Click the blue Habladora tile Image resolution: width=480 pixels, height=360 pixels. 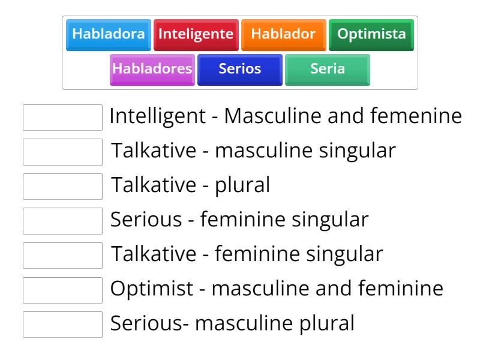pos(108,34)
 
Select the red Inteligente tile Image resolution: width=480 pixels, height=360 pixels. pos(196,34)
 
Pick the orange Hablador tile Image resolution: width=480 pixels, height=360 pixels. pos(283,34)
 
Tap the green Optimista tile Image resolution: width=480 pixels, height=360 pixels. pos(371,34)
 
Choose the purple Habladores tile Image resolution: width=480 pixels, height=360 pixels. pos(152,69)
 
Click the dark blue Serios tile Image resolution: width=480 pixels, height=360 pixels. pos(239,69)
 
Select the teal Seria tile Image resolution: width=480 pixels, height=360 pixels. pos(327,69)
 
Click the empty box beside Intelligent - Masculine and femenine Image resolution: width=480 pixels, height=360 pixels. pos(62,117)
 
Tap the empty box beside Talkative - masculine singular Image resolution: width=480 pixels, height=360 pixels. pos(62,152)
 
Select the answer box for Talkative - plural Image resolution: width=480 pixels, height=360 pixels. pos(62,186)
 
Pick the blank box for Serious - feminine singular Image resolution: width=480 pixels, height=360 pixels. pos(62,221)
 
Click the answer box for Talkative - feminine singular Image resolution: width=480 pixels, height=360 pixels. pos(62,255)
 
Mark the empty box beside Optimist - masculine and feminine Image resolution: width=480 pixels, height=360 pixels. pos(62,290)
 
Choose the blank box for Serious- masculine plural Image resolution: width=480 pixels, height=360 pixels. pos(62,324)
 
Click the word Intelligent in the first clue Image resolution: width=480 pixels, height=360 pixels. pos(157,116)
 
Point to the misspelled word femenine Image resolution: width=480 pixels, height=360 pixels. pos(422,116)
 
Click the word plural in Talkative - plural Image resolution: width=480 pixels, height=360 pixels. pos(242,185)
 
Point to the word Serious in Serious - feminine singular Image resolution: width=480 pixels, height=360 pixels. pos(146,220)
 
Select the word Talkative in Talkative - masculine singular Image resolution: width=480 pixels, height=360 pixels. pos(154,151)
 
